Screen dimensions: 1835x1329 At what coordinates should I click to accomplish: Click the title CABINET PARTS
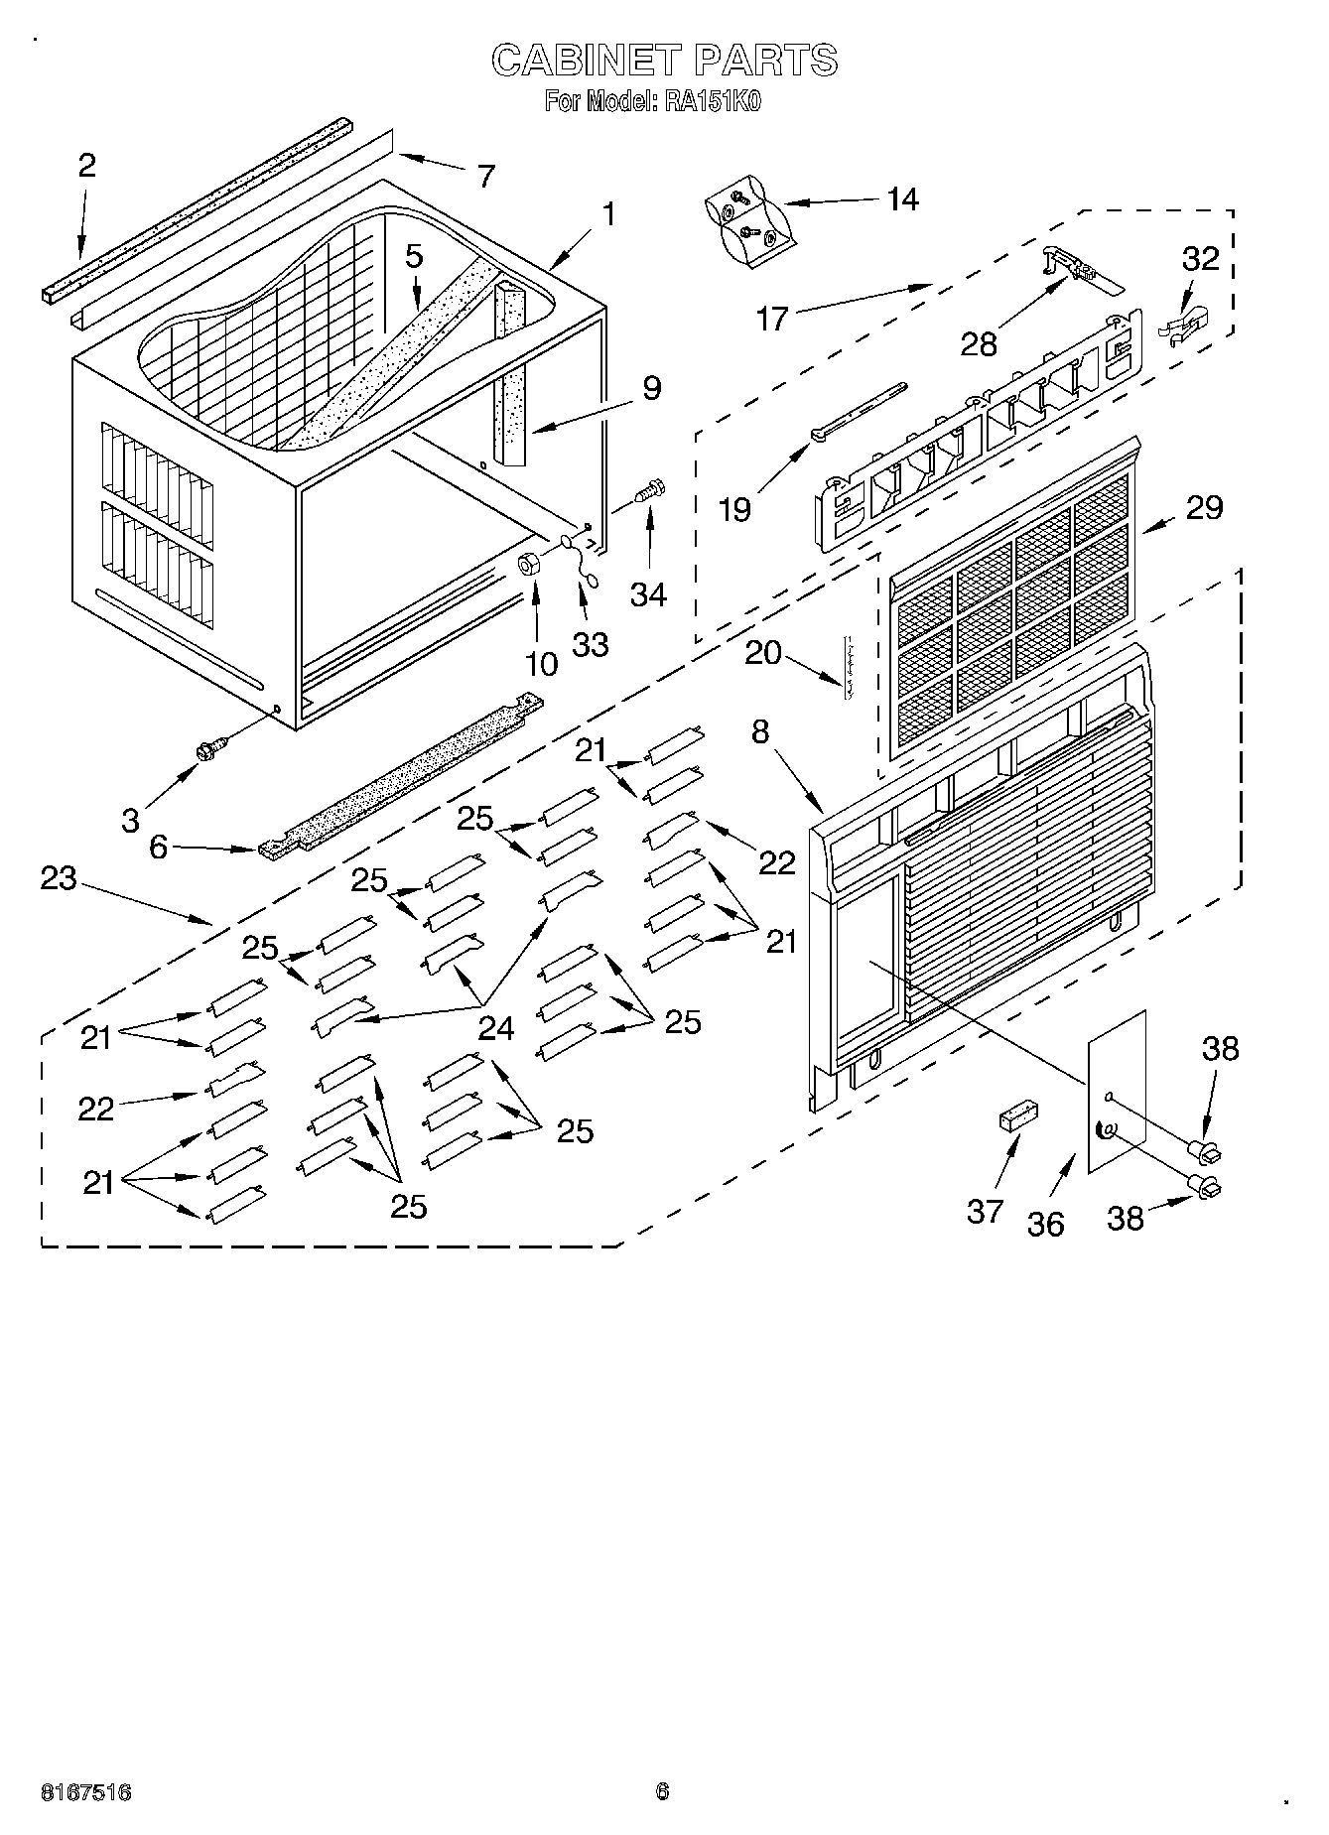pyautogui.click(x=664, y=61)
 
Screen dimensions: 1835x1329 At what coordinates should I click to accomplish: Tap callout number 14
pyautogui.click(x=901, y=199)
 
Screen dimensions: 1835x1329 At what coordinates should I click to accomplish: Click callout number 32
pyautogui.click(x=1200, y=259)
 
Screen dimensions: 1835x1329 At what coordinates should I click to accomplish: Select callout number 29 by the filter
pyautogui.click(x=1204, y=507)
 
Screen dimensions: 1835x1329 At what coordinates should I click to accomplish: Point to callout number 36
pyautogui.click(x=1045, y=1224)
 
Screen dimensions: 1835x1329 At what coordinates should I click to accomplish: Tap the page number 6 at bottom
pyautogui.click(x=662, y=1791)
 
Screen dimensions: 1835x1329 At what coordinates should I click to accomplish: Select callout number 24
pyautogui.click(x=495, y=1028)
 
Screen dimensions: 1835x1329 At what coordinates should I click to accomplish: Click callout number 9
pyautogui.click(x=650, y=387)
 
